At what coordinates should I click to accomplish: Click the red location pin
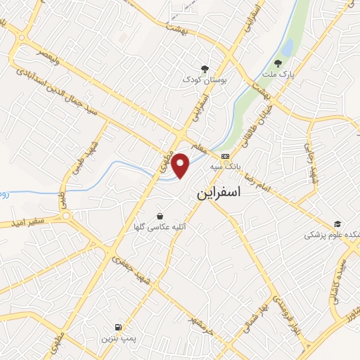(181, 165)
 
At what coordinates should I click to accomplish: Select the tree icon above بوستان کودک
(205, 68)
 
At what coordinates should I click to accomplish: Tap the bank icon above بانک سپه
(224, 156)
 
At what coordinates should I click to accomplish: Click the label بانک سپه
(224, 168)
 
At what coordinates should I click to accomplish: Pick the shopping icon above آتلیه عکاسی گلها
(160, 216)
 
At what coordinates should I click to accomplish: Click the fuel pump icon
(117, 327)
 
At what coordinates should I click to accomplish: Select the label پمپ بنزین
(117, 339)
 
